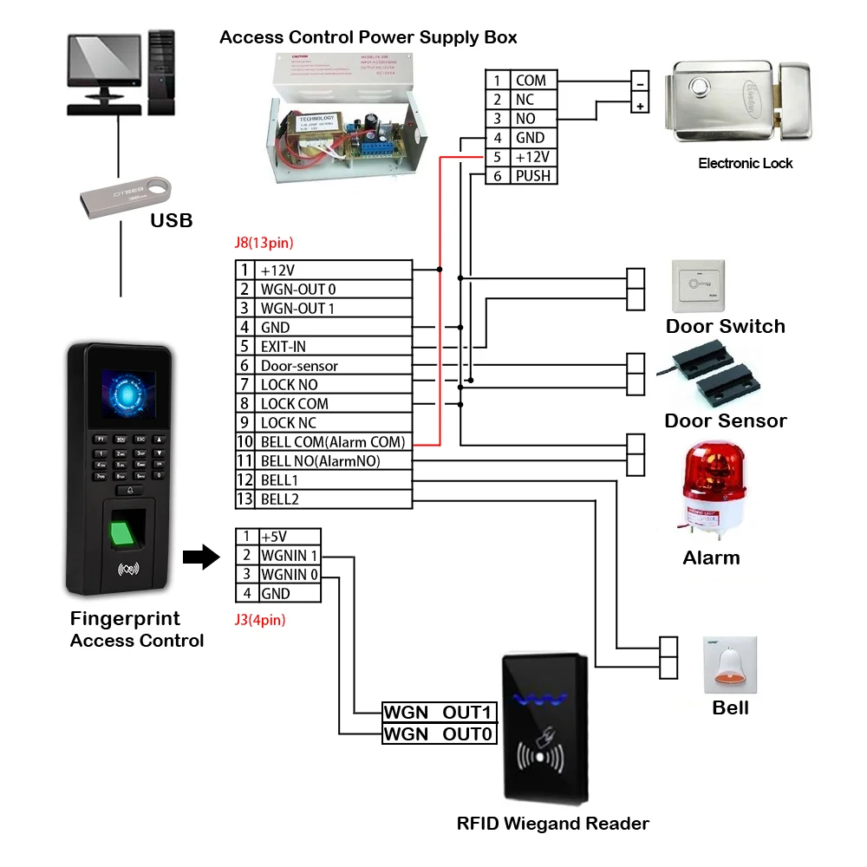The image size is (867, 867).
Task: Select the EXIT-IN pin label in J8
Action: (x=284, y=347)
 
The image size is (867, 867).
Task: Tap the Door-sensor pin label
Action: (x=299, y=366)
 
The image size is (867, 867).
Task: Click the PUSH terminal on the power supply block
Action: (x=532, y=176)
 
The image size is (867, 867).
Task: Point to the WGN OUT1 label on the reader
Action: (x=440, y=713)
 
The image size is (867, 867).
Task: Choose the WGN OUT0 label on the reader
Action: (x=440, y=734)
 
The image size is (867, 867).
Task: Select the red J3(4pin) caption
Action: (x=260, y=620)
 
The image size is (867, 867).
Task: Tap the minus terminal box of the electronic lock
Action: (x=641, y=83)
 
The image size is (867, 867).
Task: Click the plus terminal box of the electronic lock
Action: (x=641, y=107)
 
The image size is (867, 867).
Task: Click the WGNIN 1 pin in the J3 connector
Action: (x=290, y=556)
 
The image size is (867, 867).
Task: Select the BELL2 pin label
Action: (x=279, y=499)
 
